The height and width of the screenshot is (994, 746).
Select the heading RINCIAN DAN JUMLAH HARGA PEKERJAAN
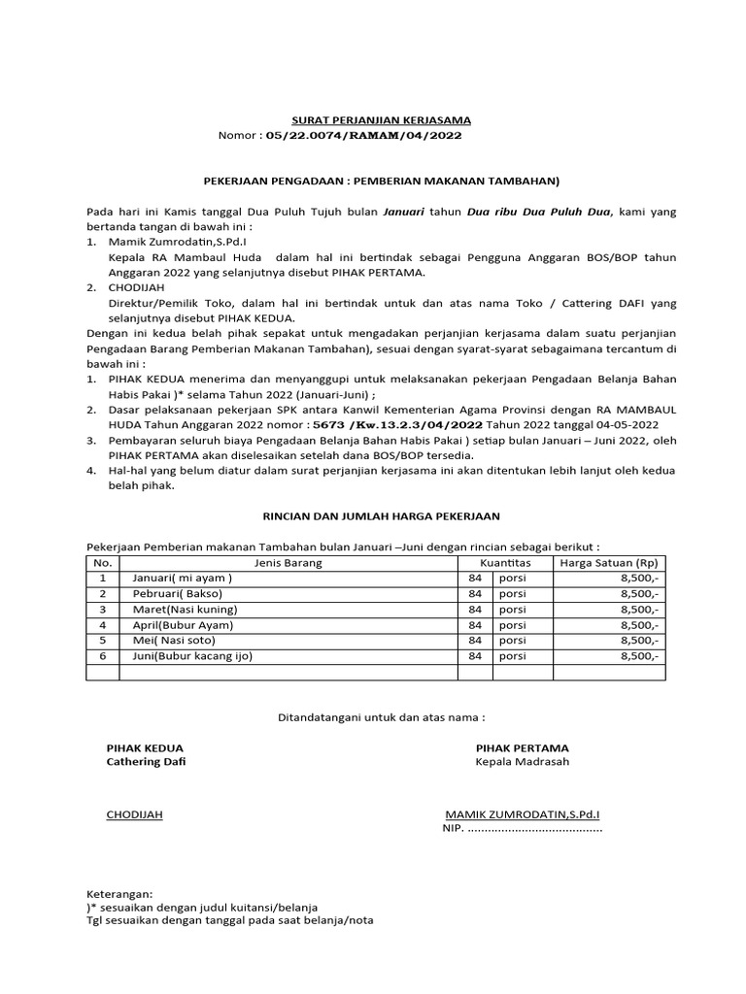(376, 516)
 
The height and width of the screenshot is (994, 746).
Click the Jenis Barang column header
(288, 563)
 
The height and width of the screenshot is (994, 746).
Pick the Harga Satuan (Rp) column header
(606, 563)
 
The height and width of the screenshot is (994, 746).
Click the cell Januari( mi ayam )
(183, 579)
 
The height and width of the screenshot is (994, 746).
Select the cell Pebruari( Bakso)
(178, 594)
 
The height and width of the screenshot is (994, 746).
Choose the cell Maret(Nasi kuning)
(184, 610)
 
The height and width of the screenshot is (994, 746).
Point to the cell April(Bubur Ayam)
(183, 625)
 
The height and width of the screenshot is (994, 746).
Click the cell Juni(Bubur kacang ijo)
(191, 656)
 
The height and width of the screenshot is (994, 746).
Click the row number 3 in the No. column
(103, 610)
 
